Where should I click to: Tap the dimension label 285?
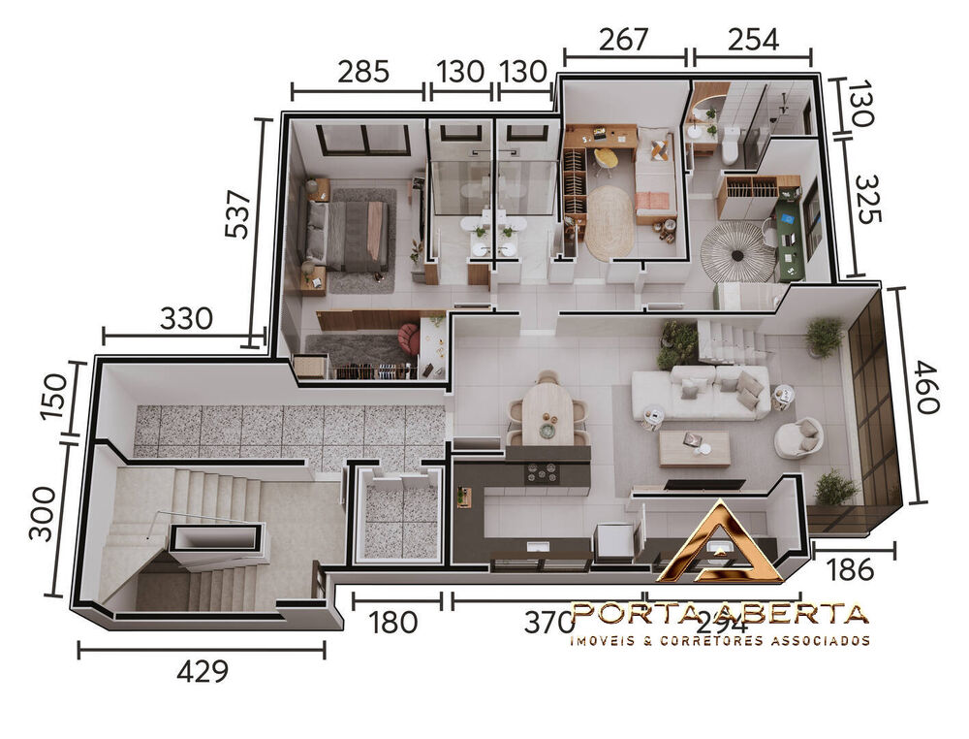tap(363, 71)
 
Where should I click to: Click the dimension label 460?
tap(926, 388)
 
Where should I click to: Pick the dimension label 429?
tap(203, 671)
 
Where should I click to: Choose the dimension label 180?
tap(393, 622)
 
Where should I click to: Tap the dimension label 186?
tap(854, 568)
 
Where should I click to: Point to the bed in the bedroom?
tap(351, 236)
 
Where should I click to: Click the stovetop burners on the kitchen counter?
tap(542, 472)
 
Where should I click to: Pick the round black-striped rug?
tap(737, 250)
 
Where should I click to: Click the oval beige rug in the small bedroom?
tap(609, 222)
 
